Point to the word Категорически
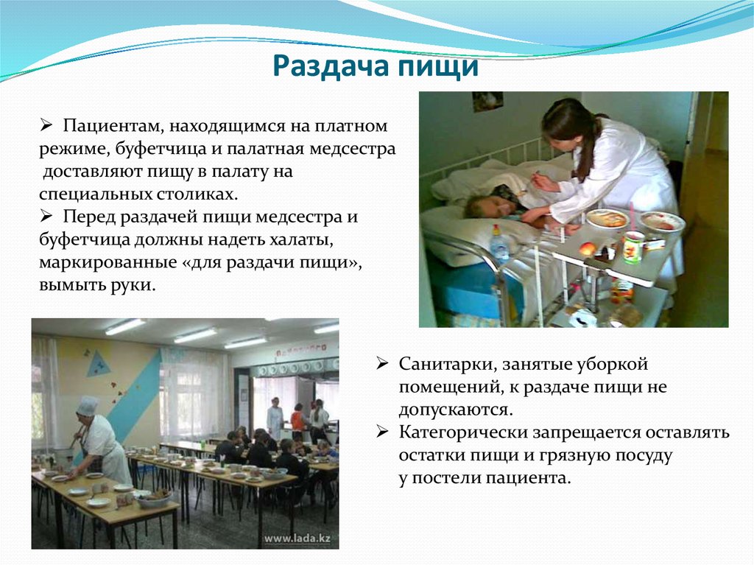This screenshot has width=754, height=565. pyautogui.click(x=462, y=433)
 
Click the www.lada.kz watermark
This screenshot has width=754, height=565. pyautogui.click(x=297, y=538)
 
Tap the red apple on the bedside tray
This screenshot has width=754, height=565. pyautogui.click(x=588, y=249)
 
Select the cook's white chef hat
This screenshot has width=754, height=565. pyautogui.click(x=88, y=406)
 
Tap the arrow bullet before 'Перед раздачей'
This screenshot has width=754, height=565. pyautogui.click(x=46, y=217)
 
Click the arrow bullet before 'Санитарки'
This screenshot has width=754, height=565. pyautogui.click(x=382, y=365)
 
